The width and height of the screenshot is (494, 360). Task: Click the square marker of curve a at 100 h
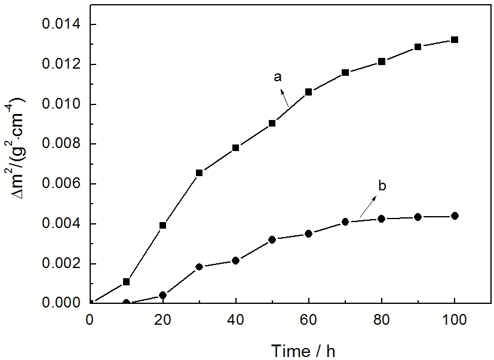[455, 40]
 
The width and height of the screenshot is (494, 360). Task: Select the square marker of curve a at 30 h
[199, 173]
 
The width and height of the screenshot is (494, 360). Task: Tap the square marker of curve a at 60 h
[308, 92]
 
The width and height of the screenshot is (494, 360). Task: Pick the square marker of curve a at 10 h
[126, 281]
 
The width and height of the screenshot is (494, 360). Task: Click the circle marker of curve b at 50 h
[272, 239]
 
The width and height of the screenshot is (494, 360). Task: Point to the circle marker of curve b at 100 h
[455, 216]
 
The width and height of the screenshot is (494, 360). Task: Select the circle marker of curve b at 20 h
[162, 295]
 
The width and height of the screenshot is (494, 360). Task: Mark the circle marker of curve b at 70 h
[345, 222]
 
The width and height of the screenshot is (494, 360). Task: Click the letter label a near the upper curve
[277, 76]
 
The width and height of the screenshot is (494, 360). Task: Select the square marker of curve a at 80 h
[382, 61]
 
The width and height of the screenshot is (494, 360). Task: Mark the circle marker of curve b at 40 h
[235, 260]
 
